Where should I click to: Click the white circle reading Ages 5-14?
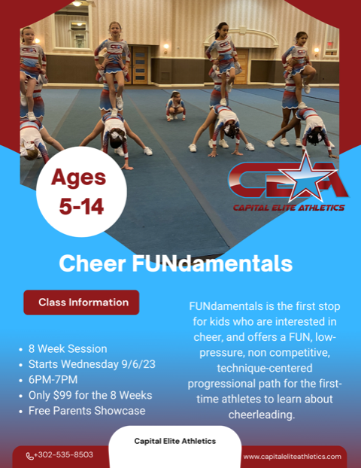(81, 192)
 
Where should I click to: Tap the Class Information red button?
(81, 302)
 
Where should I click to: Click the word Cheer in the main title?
(93, 263)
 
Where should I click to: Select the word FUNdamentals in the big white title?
(212, 263)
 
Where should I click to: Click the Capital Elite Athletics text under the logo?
(289, 208)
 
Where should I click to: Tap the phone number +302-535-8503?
(63, 454)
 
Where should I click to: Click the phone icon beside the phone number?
(29, 456)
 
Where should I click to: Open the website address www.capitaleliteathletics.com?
(292, 457)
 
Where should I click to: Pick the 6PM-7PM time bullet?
(53, 380)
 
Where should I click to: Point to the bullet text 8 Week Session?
(68, 348)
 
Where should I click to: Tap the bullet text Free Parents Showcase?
(86, 411)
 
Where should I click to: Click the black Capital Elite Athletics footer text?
(174, 441)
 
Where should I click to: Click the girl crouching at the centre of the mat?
(176, 106)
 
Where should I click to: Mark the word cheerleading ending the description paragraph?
(262, 415)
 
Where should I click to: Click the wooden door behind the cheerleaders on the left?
(140, 65)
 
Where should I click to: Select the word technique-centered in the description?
(265, 368)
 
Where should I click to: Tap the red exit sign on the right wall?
(330, 44)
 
